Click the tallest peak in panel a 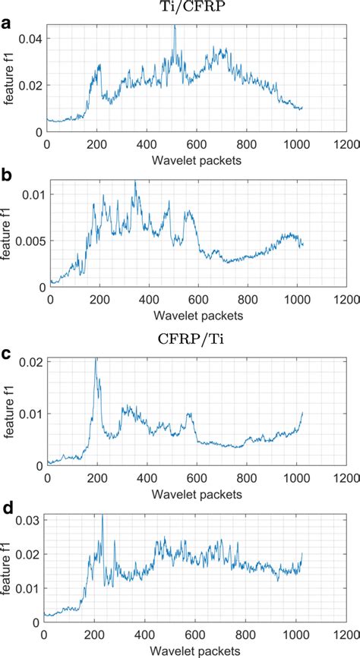174,27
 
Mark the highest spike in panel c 95,360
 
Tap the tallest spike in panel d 102,515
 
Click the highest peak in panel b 135,181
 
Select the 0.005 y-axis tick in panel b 29,241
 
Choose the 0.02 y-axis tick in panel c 31,360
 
